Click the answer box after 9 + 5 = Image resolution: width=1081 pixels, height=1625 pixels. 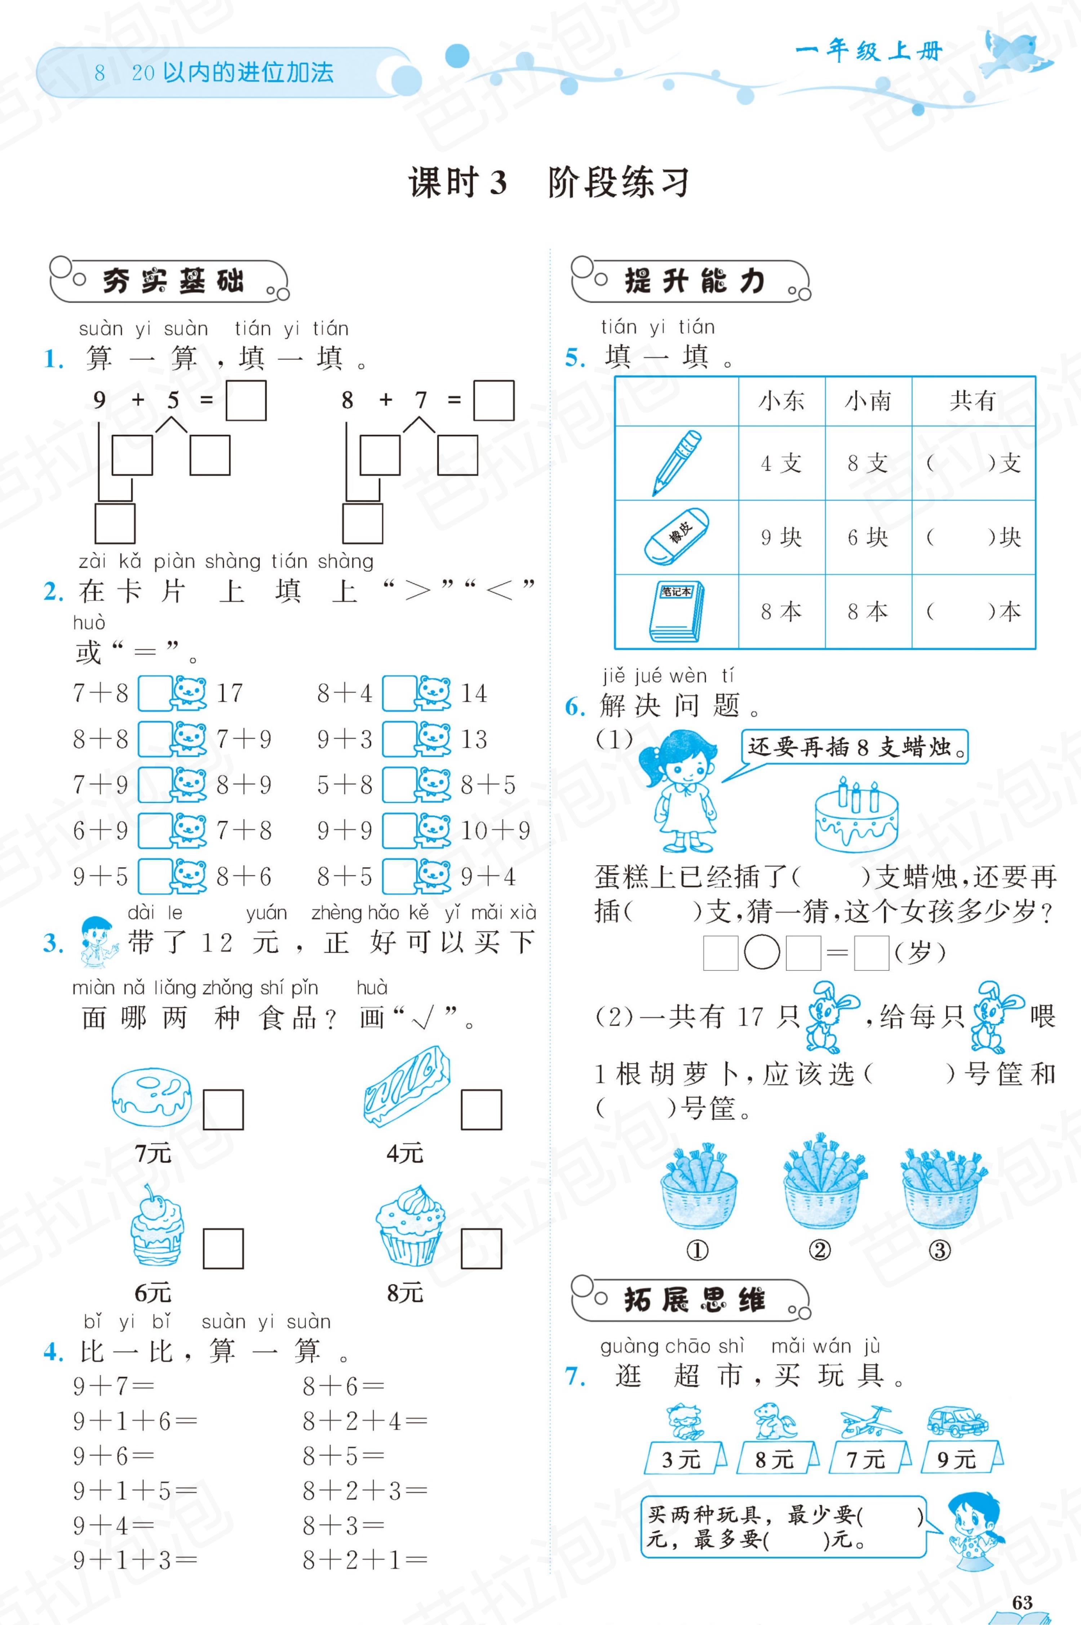pyautogui.click(x=246, y=400)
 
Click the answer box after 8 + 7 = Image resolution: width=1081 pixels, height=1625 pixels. pyautogui.click(x=493, y=400)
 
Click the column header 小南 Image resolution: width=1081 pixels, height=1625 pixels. pyautogui.click(x=868, y=400)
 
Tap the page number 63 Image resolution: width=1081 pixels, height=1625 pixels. pyautogui.click(x=1022, y=1602)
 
